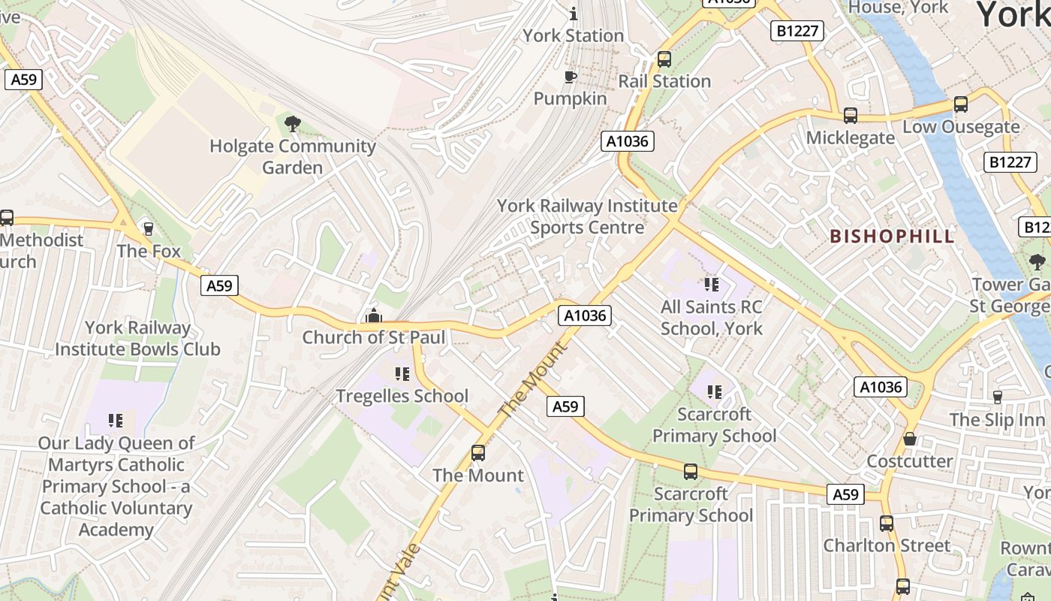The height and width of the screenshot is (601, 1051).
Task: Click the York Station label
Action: (574, 35)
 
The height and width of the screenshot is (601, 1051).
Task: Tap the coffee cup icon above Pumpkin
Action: (571, 77)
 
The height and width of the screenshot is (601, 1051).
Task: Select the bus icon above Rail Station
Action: (664, 59)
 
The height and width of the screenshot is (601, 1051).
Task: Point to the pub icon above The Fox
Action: (148, 229)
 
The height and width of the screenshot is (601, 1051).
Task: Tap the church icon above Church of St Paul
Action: (373, 316)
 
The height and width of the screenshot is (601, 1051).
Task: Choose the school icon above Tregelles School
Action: (402, 374)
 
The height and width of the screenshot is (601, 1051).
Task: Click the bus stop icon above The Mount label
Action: (478, 453)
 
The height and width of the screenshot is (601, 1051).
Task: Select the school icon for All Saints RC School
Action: (711, 285)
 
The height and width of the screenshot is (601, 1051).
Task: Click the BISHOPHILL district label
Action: (892, 237)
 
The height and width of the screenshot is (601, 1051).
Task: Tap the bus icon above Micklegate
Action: (850, 116)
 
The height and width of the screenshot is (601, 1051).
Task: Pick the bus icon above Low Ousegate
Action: (961, 104)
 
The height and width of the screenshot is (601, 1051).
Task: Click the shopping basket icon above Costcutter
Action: (910, 439)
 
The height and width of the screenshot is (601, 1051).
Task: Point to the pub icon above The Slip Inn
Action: (997, 397)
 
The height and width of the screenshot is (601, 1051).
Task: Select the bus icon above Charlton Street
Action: (887, 524)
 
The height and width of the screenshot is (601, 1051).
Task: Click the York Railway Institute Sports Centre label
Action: (587, 216)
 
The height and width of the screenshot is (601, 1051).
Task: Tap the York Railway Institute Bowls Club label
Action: (137, 339)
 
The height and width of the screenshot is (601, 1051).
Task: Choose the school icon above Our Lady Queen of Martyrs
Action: (115, 421)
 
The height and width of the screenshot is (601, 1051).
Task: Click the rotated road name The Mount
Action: (530, 382)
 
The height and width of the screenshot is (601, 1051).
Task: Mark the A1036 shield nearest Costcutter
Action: (881, 387)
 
